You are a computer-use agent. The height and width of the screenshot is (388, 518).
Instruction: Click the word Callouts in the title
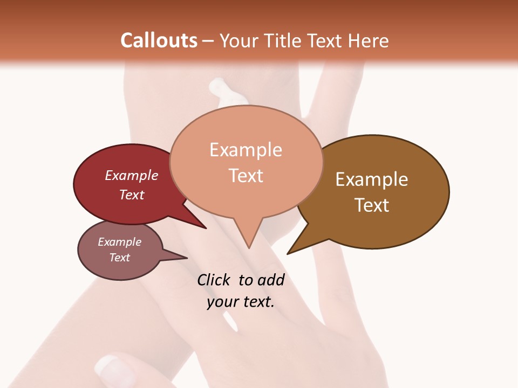[159, 40]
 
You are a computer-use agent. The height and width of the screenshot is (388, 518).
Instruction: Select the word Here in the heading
[367, 41]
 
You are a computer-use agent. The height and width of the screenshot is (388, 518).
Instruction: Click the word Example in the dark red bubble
[132, 175]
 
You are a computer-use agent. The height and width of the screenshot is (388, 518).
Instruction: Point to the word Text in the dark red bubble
[132, 195]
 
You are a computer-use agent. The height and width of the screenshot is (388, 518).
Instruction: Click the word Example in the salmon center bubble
[246, 150]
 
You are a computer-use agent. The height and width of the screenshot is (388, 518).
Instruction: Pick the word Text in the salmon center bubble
[246, 176]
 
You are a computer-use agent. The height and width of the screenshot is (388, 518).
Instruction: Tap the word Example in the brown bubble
[372, 179]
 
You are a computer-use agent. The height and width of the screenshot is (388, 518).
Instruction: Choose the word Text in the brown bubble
[372, 205]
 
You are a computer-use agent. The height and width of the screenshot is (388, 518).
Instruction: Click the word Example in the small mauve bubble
[120, 242]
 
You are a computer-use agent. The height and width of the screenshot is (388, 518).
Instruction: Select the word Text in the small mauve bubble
[120, 258]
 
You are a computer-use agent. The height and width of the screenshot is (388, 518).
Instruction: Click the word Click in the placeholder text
[214, 280]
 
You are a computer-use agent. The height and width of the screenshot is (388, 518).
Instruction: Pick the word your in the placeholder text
[222, 302]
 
